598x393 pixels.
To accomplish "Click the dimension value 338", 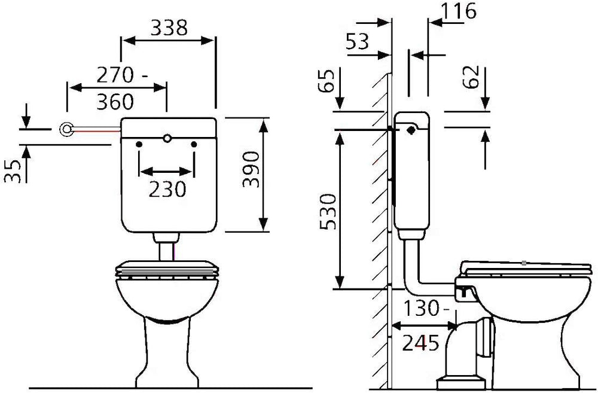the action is click(x=169, y=28).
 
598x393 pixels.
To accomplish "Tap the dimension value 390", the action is click(x=251, y=169).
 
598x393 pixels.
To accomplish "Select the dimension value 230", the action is click(x=167, y=189).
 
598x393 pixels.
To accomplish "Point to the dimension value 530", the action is click(x=328, y=212).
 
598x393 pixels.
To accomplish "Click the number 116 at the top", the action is click(x=459, y=11).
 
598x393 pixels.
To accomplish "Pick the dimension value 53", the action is click(x=358, y=41).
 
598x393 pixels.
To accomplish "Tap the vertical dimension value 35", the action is click(x=13, y=171).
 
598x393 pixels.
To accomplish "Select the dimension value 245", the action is click(x=420, y=343).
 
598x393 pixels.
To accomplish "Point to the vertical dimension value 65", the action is click(x=327, y=80).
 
